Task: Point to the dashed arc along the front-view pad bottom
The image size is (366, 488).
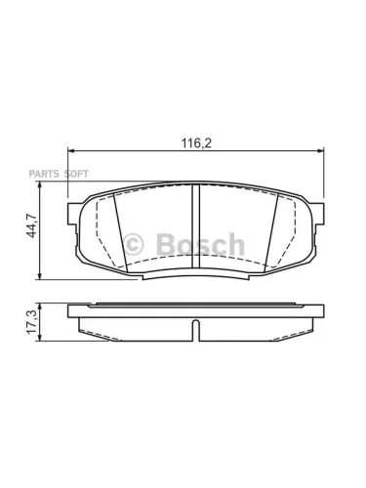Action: coord(196,262)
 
